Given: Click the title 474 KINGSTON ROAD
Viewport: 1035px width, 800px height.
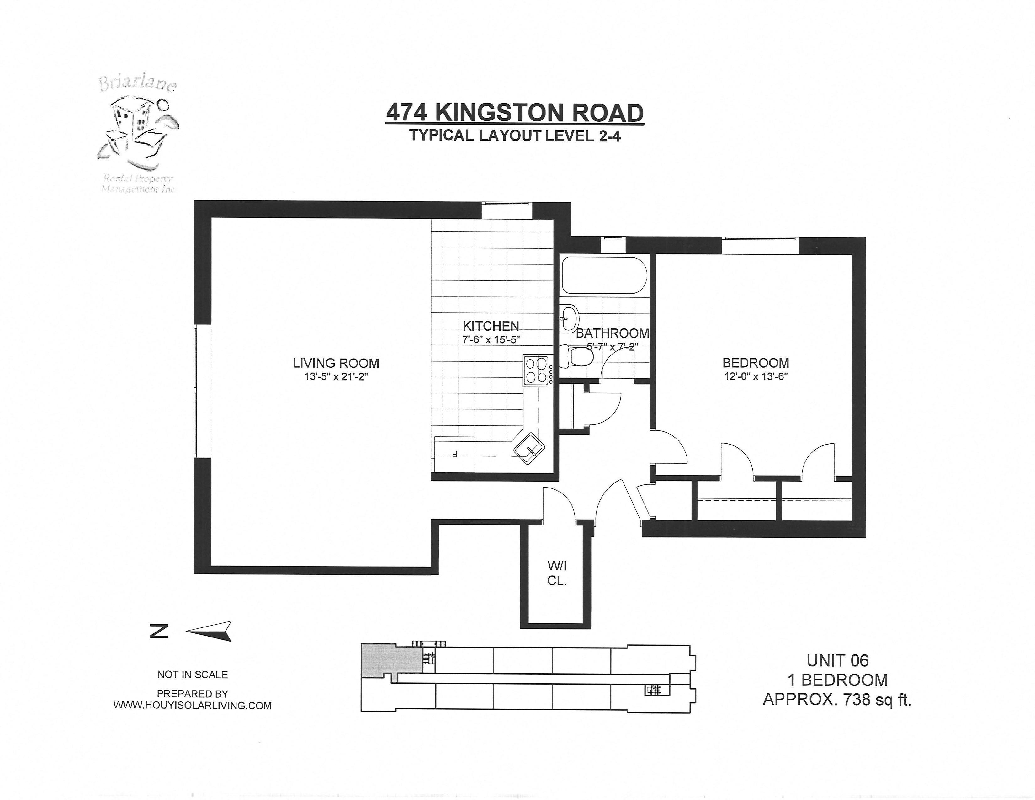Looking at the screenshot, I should [515, 113].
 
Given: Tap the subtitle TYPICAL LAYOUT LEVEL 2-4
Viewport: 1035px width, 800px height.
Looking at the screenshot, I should [515, 136].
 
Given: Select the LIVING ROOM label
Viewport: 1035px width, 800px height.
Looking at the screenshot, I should [336, 364].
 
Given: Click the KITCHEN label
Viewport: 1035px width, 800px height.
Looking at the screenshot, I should [491, 326].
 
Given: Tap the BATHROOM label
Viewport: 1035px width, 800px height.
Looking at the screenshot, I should [612, 333].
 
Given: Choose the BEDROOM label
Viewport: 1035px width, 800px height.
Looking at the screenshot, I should [756, 364].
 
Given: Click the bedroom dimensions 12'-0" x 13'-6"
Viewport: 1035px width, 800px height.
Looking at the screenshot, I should [756, 377].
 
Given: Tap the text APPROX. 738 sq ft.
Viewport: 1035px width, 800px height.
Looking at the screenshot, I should [837, 700].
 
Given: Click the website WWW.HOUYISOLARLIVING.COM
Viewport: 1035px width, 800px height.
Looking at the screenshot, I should [192, 706].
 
